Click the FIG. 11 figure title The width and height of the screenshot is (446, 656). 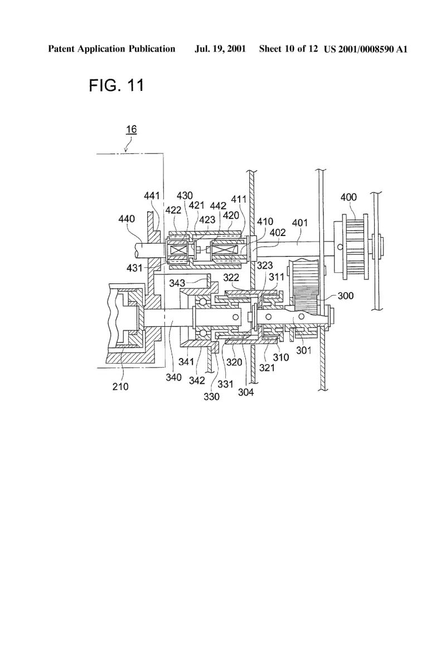tap(116, 85)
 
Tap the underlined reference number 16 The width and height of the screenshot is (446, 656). tap(131, 129)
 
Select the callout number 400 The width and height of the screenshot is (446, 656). tap(348, 197)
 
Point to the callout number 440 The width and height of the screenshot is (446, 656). tap(126, 219)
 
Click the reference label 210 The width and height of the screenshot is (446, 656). tap(120, 387)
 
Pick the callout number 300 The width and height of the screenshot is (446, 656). tap(345, 296)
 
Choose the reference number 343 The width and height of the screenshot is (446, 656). tap(177, 283)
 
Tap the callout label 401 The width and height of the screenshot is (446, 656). tap(300, 223)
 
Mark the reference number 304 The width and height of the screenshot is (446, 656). tap(246, 392)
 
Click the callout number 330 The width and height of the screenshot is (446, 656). tap(211, 397)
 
